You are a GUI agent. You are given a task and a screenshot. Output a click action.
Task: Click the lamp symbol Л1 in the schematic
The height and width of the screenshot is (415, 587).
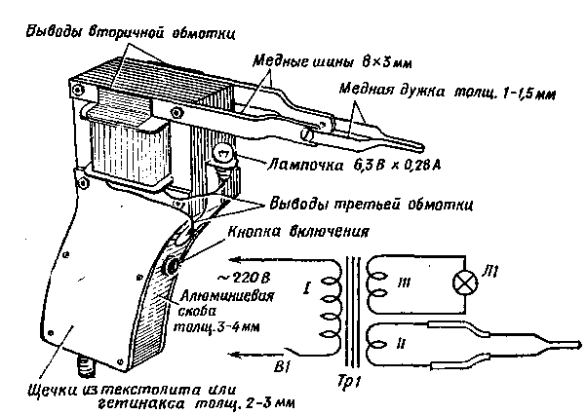click(465, 282)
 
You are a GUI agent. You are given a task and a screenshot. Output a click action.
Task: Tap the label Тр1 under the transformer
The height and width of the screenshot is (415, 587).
click(347, 382)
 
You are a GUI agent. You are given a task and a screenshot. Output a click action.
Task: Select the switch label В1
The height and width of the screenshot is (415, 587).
click(281, 367)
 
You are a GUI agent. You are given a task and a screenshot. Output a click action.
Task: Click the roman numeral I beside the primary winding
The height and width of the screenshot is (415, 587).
click(307, 288)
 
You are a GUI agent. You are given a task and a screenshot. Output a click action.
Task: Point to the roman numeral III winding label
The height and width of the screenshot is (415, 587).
click(404, 283)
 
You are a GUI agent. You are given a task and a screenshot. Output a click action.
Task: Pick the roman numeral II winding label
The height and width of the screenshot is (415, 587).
click(400, 343)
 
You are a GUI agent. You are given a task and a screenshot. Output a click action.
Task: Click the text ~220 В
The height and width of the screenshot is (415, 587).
click(244, 278)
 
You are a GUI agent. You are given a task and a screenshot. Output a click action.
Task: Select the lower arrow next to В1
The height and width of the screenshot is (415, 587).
click(256, 355)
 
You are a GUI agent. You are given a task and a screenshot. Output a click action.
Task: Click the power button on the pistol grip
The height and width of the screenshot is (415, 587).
click(173, 266)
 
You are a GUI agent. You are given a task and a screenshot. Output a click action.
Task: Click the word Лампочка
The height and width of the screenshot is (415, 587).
click(305, 166)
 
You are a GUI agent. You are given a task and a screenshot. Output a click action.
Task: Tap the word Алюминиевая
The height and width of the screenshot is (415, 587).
click(227, 296)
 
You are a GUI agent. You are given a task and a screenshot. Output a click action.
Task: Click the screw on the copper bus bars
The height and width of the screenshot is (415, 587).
click(308, 133)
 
